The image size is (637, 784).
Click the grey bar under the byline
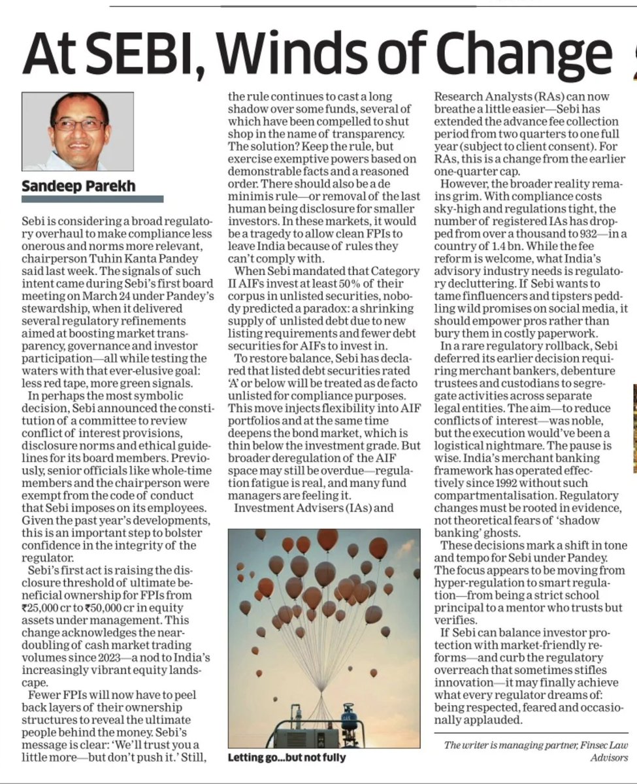(93, 199)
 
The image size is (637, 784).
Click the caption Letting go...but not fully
(287, 758)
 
